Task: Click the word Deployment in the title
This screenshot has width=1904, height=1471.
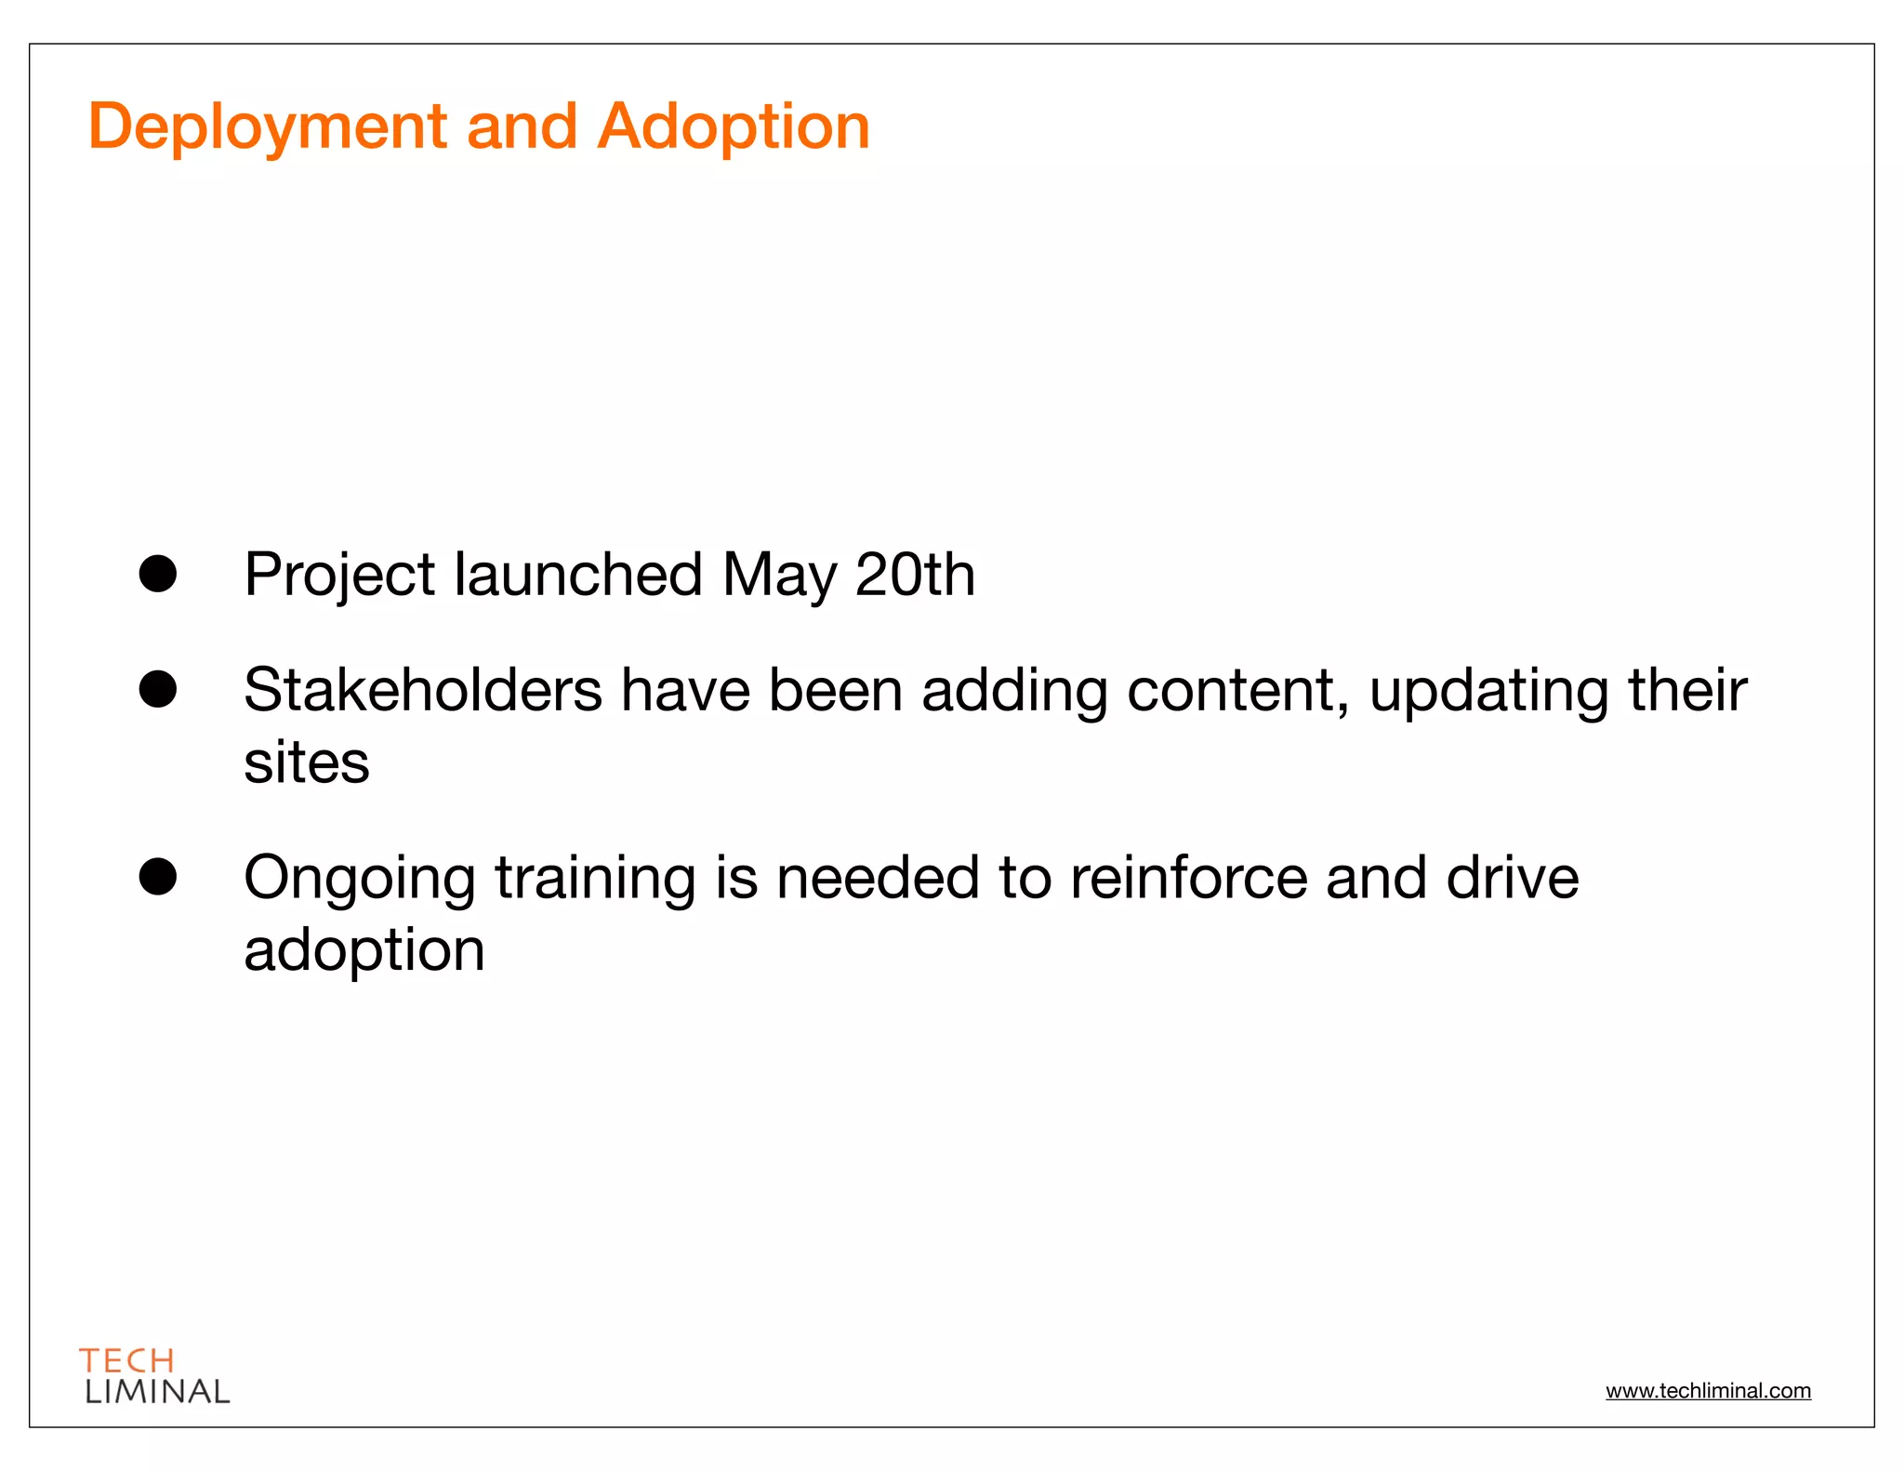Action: click(268, 128)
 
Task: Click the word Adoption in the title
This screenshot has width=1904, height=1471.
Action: click(733, 128)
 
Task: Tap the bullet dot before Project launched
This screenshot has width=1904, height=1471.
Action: click(158, 574)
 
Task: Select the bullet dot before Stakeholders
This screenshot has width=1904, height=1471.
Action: click(158, 689)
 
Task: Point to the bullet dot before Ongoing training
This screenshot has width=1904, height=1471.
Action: click(158, 876)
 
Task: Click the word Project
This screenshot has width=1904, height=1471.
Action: click(339, 576)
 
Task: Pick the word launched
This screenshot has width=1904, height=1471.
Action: click(578, 576)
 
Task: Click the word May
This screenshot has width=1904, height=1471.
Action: click(779, 576)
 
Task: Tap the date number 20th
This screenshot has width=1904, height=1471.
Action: click(915, 576)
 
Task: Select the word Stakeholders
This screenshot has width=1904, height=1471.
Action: click(423, 691)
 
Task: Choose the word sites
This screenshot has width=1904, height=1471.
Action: click(307, 763)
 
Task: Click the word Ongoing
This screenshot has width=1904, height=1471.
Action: click(360, 880)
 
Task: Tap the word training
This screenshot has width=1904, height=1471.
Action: click(595, 880)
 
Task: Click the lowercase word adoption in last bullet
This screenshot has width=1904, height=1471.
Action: click(364, 951)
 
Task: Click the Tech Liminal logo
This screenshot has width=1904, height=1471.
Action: click(154, 1376)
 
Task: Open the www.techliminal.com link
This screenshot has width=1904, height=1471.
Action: click(1708, 1391)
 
